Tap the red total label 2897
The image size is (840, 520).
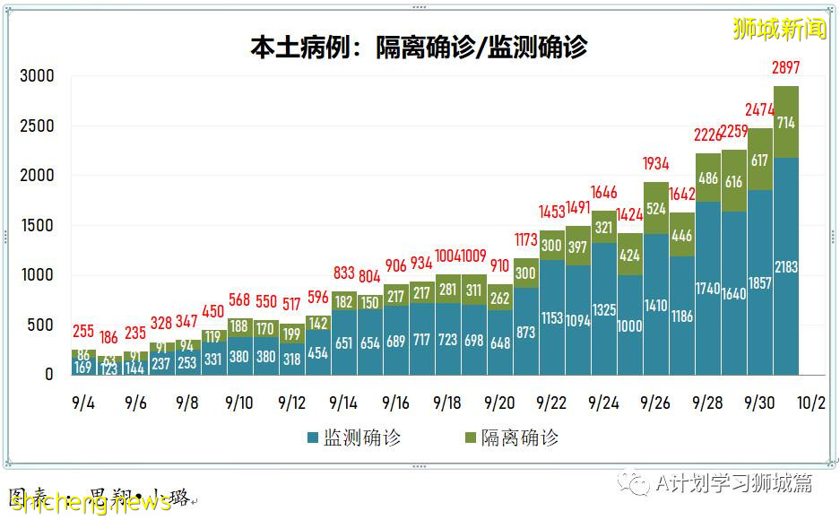coord(785,67)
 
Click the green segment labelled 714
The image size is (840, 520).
coord(785,122)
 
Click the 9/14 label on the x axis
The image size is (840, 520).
coord(343,403)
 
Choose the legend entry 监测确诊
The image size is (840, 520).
coord(354,438)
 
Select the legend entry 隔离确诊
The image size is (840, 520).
coord(511,438)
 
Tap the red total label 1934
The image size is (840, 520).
coord(655,163)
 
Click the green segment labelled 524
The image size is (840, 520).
coord(655,208)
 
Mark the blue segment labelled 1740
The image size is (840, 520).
coord(707,289)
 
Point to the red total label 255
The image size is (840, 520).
coord(84,330)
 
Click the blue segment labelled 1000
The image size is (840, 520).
coord(629,325)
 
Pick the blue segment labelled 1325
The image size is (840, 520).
coord(603,309)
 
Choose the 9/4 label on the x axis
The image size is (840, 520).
coord(83,403)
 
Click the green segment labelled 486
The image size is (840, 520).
coord(707,178)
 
